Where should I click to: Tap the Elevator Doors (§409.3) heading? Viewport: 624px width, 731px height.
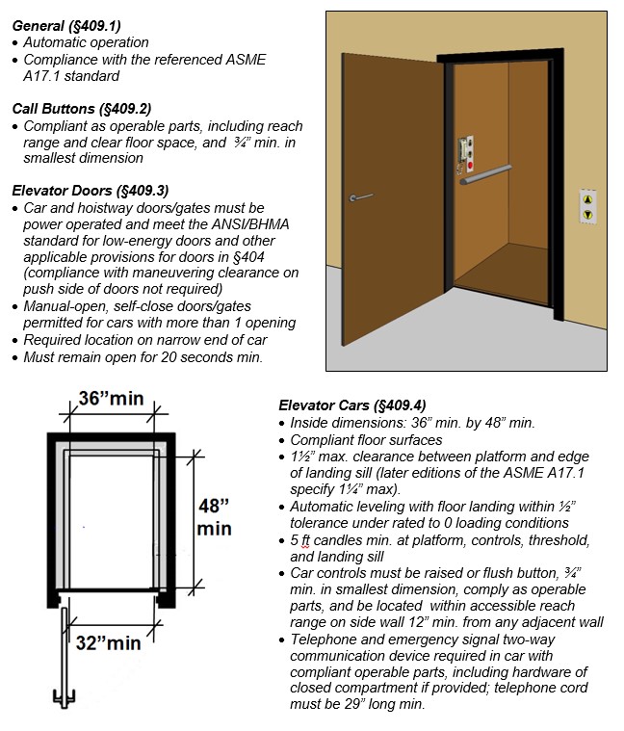pos(90,190)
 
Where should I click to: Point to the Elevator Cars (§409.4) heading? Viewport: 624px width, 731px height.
pos(351,405)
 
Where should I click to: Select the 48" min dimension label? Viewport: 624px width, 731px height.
pos(213,516)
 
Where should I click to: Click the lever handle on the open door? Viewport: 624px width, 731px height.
pos(361,197)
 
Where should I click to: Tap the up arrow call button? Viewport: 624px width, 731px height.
pos(586,198)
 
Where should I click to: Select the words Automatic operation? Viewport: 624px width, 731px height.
pos(86,42)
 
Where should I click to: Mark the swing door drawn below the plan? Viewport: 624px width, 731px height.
pos(64,655)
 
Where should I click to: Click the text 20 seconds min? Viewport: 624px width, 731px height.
pos(211,356)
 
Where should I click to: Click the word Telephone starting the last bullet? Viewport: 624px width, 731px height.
pos(324,638)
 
